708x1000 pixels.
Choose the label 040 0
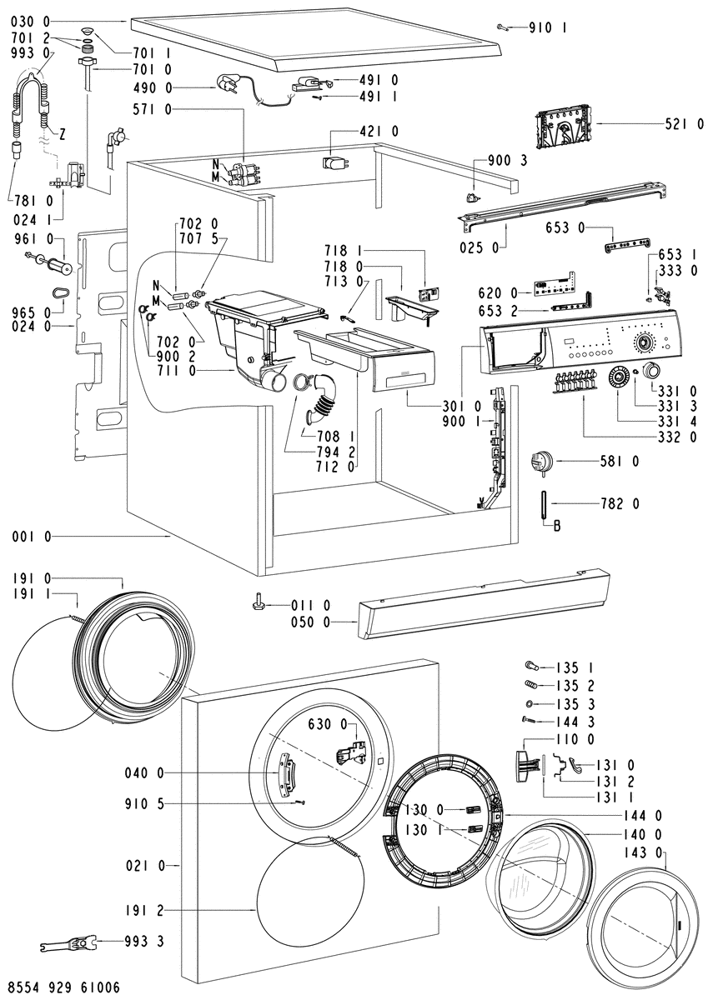(146, 773)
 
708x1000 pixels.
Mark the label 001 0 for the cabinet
(32, 537)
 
